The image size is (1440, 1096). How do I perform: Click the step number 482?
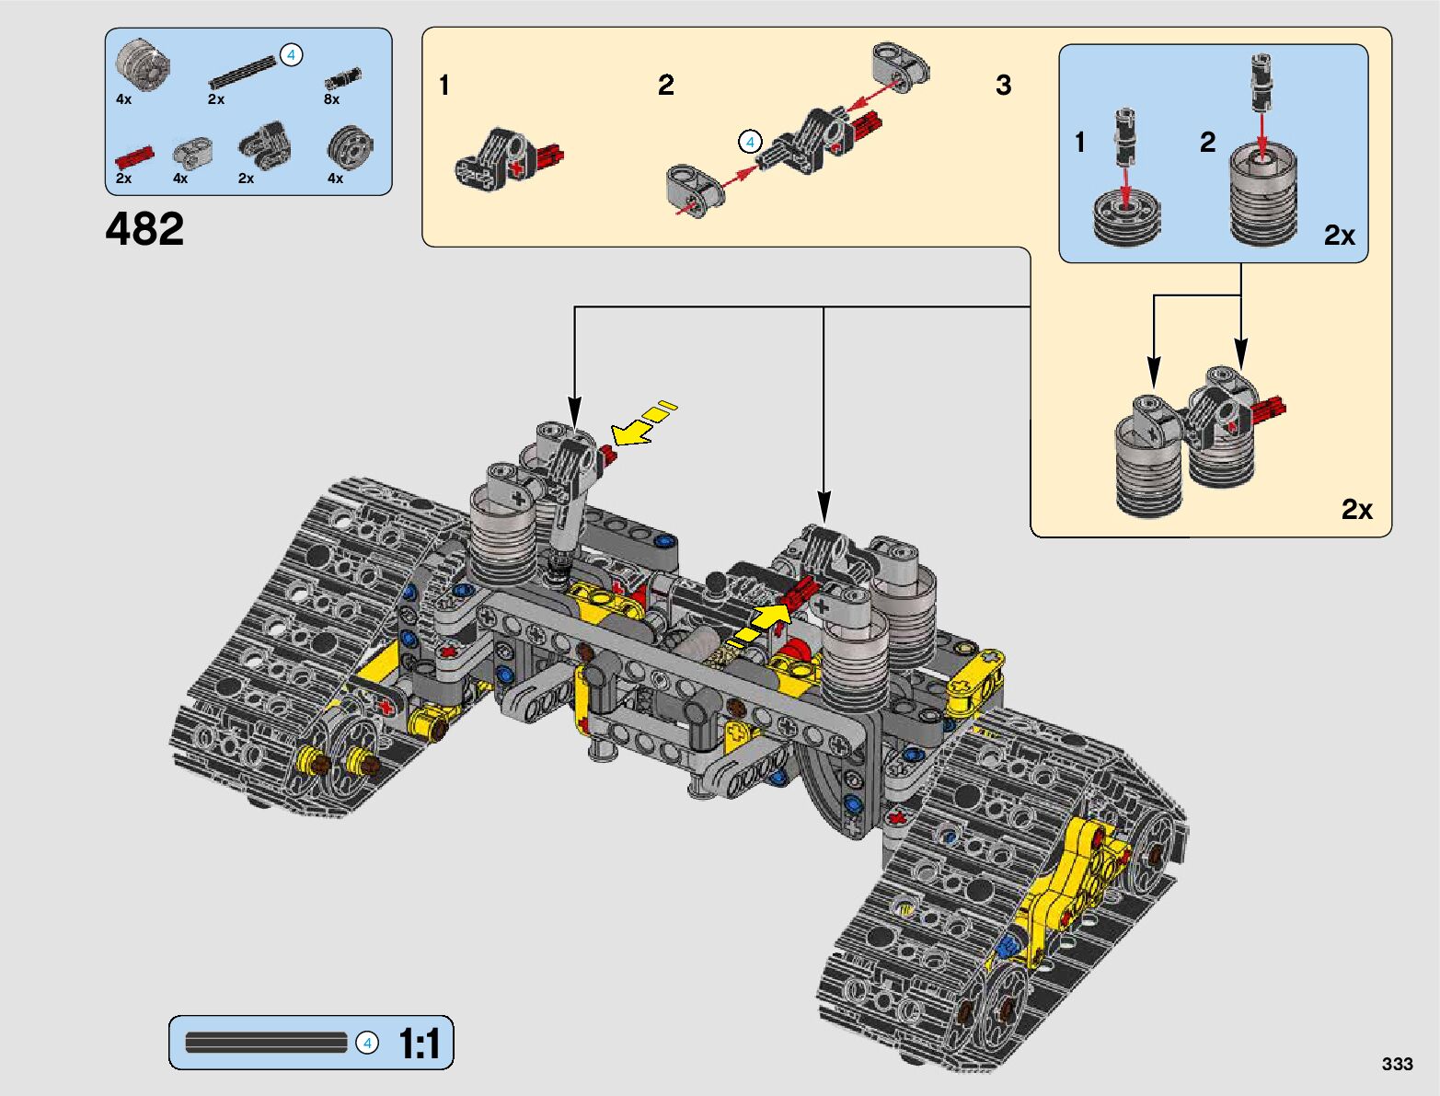[x=144, y=228]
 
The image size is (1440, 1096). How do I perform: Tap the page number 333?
[x=1396, y=1064]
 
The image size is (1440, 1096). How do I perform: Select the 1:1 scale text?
[x=419, y=1044]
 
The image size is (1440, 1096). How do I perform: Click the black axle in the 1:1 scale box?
[x=266, y=1043]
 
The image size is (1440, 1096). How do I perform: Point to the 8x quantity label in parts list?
[x=331, y=99]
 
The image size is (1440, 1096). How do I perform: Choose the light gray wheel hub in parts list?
[x=144, y=64]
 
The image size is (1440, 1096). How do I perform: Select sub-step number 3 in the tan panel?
[x=1003, y=86]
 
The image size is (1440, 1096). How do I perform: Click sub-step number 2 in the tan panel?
[x=666, y=86]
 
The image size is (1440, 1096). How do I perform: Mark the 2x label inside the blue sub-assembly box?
[x=1339, y=236]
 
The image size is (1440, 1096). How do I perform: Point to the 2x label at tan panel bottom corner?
[x=1356, y=509]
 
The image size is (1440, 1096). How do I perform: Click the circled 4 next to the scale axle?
[x=367, y=1043]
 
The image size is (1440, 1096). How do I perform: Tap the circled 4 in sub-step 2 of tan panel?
[x=750, y=142]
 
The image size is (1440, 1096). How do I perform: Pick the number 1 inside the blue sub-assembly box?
[x=1080, y=143]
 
